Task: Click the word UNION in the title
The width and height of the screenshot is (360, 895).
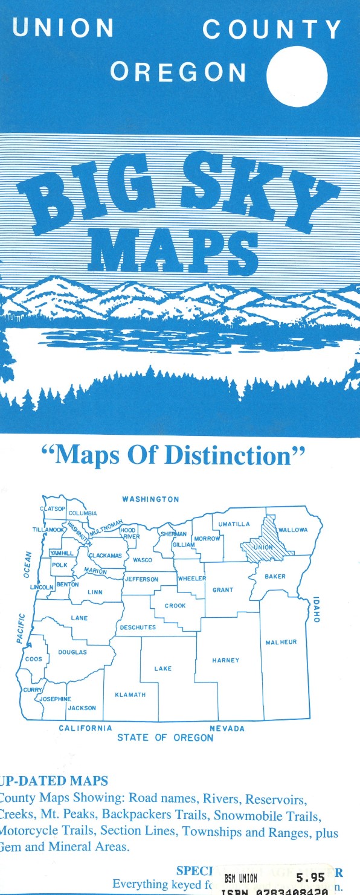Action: (x=63, y=28)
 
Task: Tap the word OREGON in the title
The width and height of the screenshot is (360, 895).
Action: (x=178, y=72)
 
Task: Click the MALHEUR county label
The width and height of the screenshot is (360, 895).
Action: (x=281, y=642)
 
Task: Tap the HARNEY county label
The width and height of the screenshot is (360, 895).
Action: (x=225, y=660)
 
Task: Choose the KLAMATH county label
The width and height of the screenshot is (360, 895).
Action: (x=130, y=695)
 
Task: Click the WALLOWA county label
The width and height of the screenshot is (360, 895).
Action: (x=293, y=530)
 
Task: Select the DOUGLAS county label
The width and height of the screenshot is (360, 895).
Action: (x=72, y=652)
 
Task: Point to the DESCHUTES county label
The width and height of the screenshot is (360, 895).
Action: (x=138, y=627)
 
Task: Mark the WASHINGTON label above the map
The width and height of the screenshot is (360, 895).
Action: (x=150, y=499)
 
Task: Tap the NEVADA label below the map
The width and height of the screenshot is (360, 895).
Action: (x=227, y=728)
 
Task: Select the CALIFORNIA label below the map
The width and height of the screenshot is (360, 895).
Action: (x=85, y=728)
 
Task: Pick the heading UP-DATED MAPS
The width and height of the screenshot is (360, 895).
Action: (x=54, y=781)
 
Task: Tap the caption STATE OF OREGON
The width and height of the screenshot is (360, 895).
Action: (x=165, y=737)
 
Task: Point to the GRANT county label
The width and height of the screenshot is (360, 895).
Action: (x=223, y=590)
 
